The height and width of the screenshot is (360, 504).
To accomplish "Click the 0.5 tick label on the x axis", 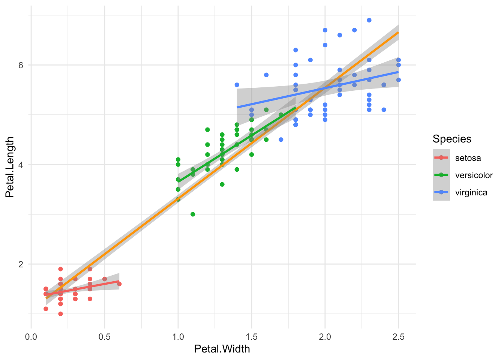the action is point(105,337).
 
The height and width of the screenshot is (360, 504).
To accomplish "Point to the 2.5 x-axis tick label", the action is point(399,337).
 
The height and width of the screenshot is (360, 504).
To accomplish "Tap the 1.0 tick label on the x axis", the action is point(178,337).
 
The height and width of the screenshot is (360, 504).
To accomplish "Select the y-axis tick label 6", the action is point(21,65).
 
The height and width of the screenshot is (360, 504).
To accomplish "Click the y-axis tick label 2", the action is point(21,264).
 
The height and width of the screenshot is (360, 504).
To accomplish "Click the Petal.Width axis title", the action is point(222,349).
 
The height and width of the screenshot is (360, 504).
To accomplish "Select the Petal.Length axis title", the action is point(10,167).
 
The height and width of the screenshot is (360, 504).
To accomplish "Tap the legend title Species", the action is point(452,139).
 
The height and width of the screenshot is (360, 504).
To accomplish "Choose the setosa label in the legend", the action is point(468,158).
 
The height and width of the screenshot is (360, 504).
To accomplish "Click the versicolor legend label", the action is point(474,175).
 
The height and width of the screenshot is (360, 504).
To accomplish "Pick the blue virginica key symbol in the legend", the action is point(441,192).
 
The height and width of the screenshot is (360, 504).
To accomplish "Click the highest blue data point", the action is point(369,20).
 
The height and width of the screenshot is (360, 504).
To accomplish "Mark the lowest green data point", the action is point(193,214).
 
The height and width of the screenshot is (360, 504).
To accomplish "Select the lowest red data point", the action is point(60,313).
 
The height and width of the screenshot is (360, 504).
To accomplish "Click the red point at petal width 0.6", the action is point(119,284).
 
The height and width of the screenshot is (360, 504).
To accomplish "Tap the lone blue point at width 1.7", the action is point(281,139).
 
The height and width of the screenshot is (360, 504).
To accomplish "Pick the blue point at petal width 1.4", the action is point(237,85).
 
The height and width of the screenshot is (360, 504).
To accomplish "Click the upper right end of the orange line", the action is point(399,32).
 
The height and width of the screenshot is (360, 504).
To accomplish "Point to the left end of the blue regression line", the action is point(237,108).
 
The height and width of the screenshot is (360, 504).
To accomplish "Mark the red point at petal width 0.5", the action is point(105,279).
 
